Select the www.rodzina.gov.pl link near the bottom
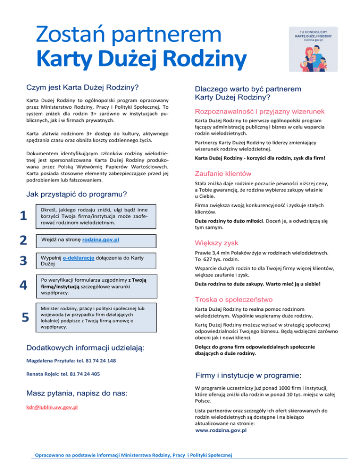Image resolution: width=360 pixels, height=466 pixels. click(221, 429)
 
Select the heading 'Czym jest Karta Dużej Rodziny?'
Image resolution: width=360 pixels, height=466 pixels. click(83, 87)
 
